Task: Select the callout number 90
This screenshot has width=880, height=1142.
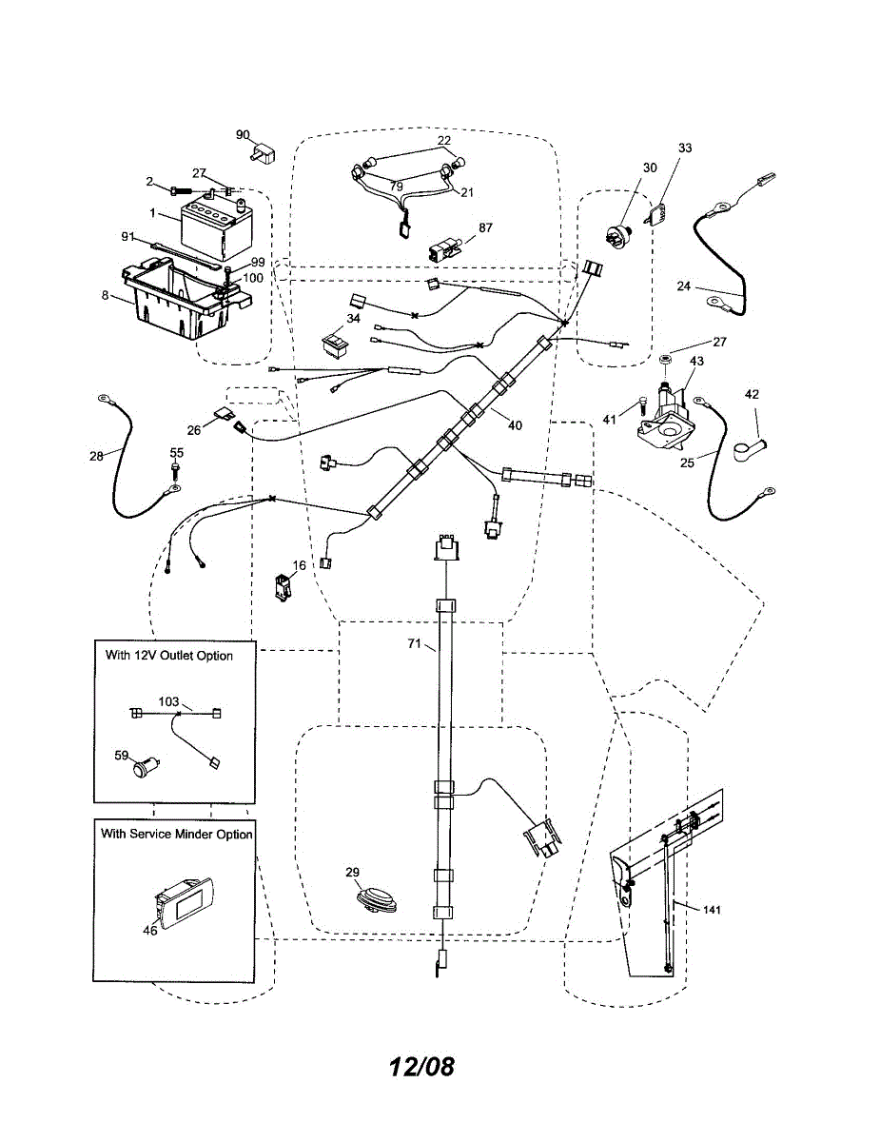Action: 243,135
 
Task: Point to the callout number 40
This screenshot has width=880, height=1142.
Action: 514,425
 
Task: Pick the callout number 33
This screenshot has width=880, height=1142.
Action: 685,148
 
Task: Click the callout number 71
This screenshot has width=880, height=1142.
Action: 414,644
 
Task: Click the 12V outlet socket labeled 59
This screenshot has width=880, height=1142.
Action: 146,765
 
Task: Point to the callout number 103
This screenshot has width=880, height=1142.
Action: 168,701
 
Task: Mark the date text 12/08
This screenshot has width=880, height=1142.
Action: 421,1066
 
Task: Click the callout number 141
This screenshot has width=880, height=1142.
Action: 713,910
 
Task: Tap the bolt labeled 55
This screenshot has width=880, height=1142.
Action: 176,470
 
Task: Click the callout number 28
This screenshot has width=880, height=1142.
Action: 96,457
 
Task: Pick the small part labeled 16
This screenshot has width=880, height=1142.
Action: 284,587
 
